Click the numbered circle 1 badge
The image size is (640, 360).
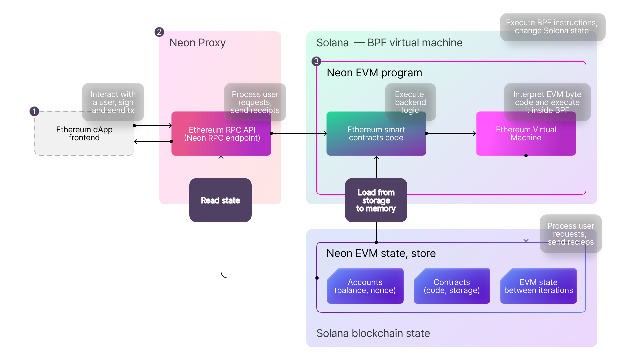point(34,111)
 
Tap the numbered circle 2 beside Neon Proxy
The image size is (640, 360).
point(159,32)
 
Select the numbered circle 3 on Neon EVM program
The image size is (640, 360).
point(316,61)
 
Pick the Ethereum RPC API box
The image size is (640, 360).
point(221,134)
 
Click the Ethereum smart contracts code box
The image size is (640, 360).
point(376,134)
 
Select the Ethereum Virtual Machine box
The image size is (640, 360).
point(526,134)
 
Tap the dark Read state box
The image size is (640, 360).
point(220,200)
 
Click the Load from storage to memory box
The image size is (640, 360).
point(376,200)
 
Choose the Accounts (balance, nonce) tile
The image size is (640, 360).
point(365,286)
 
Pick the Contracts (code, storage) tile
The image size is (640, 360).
point(452,286)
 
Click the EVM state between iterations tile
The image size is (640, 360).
point(538,286)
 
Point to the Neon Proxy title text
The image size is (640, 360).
point(197,43)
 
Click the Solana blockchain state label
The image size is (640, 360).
point(373,333)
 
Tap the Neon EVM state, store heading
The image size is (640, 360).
point(381,253)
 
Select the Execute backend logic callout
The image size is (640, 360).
point(410,102)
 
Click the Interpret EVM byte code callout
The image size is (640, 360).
point(547,102)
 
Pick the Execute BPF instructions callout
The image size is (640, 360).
point(552,27)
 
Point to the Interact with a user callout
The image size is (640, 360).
point(113,102)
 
